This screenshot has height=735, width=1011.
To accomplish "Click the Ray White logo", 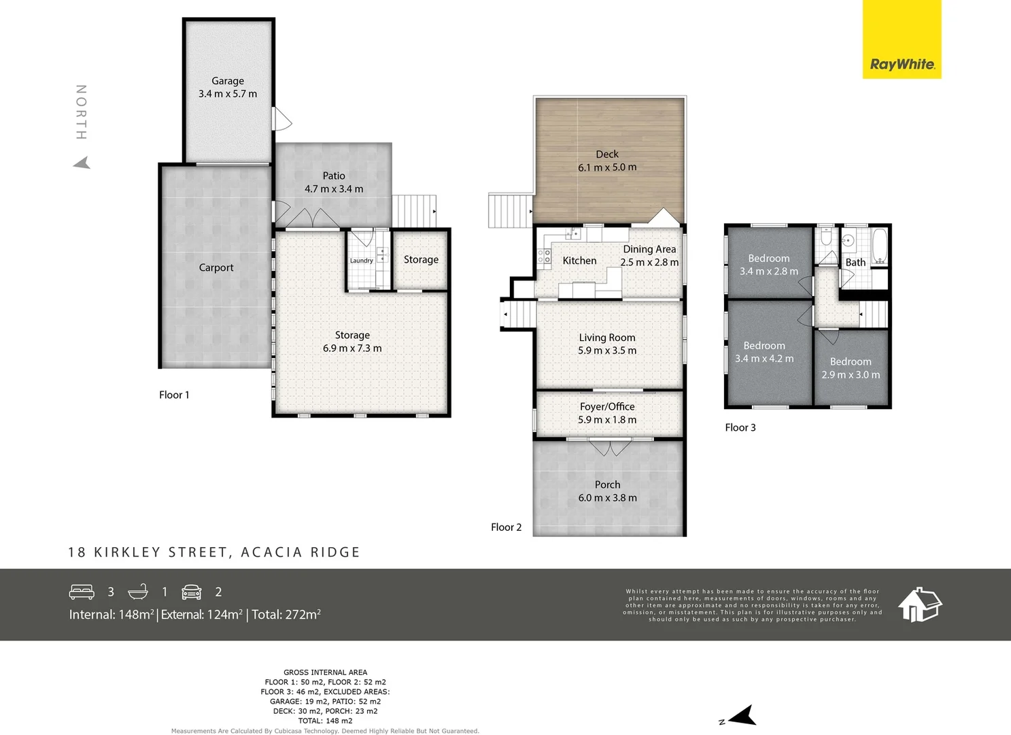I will click(902, 64).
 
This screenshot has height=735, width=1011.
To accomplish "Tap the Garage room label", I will click(228, 81).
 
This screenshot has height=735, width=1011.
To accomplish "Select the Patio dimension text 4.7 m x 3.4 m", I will click(334, 189).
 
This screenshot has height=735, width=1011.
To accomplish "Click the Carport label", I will click(216, 268).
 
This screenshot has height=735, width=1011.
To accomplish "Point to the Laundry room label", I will click(361, 261).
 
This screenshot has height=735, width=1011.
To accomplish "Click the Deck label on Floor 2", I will click(607, 154).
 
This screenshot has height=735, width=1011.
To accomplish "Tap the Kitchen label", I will click(579, 261).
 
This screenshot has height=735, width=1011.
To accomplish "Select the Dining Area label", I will click(649, 249).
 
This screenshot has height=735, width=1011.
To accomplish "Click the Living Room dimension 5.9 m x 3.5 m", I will click(607, 350).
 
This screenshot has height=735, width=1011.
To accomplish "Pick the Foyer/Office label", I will click(607, 406).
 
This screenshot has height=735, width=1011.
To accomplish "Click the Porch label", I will click(607, 485).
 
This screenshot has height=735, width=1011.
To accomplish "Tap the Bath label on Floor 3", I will click(855, 262).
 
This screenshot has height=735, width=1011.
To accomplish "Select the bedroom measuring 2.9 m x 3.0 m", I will click(851, 368).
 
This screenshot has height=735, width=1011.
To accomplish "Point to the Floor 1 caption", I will click(174, 395).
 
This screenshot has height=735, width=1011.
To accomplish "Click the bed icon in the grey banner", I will click(82, 591).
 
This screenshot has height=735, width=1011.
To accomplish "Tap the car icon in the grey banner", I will click(192, 591).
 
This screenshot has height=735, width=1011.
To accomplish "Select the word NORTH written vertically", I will click(81, 112).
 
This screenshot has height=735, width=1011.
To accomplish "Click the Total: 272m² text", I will click(286, 615).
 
